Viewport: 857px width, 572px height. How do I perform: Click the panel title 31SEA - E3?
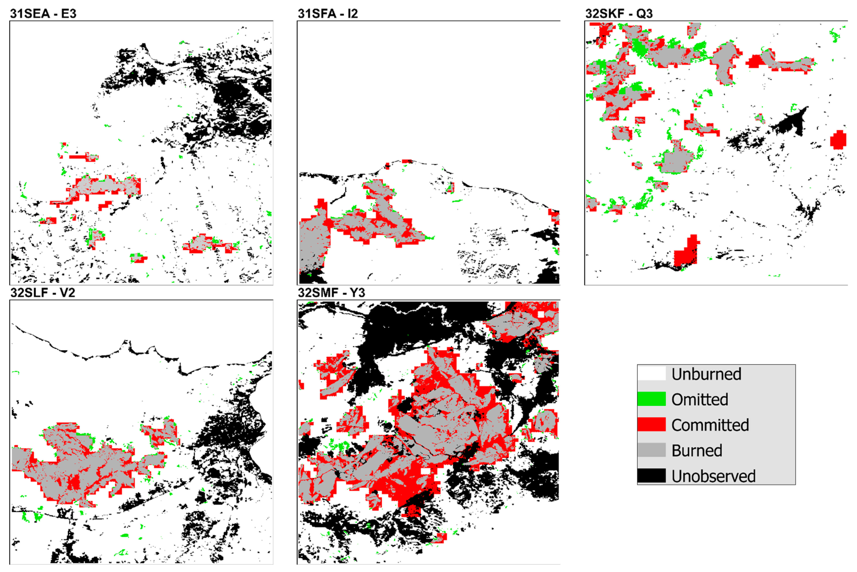coord(43,14)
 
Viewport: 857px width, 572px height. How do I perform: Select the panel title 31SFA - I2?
coord(328,14)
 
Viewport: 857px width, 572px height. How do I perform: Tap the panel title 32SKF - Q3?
coord(619,14)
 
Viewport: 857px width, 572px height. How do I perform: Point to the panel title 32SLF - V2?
coord(43,293)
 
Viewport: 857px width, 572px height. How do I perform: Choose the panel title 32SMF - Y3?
coord(331,293)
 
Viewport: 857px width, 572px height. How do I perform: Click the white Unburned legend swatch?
coord(651,374)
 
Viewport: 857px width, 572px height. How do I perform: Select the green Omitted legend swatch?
coord(651,399)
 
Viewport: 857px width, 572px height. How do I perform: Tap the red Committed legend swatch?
coord(651,425)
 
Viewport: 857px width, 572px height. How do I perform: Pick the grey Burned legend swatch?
coord(651,450)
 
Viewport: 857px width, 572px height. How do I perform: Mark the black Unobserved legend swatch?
coord(651,476)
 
